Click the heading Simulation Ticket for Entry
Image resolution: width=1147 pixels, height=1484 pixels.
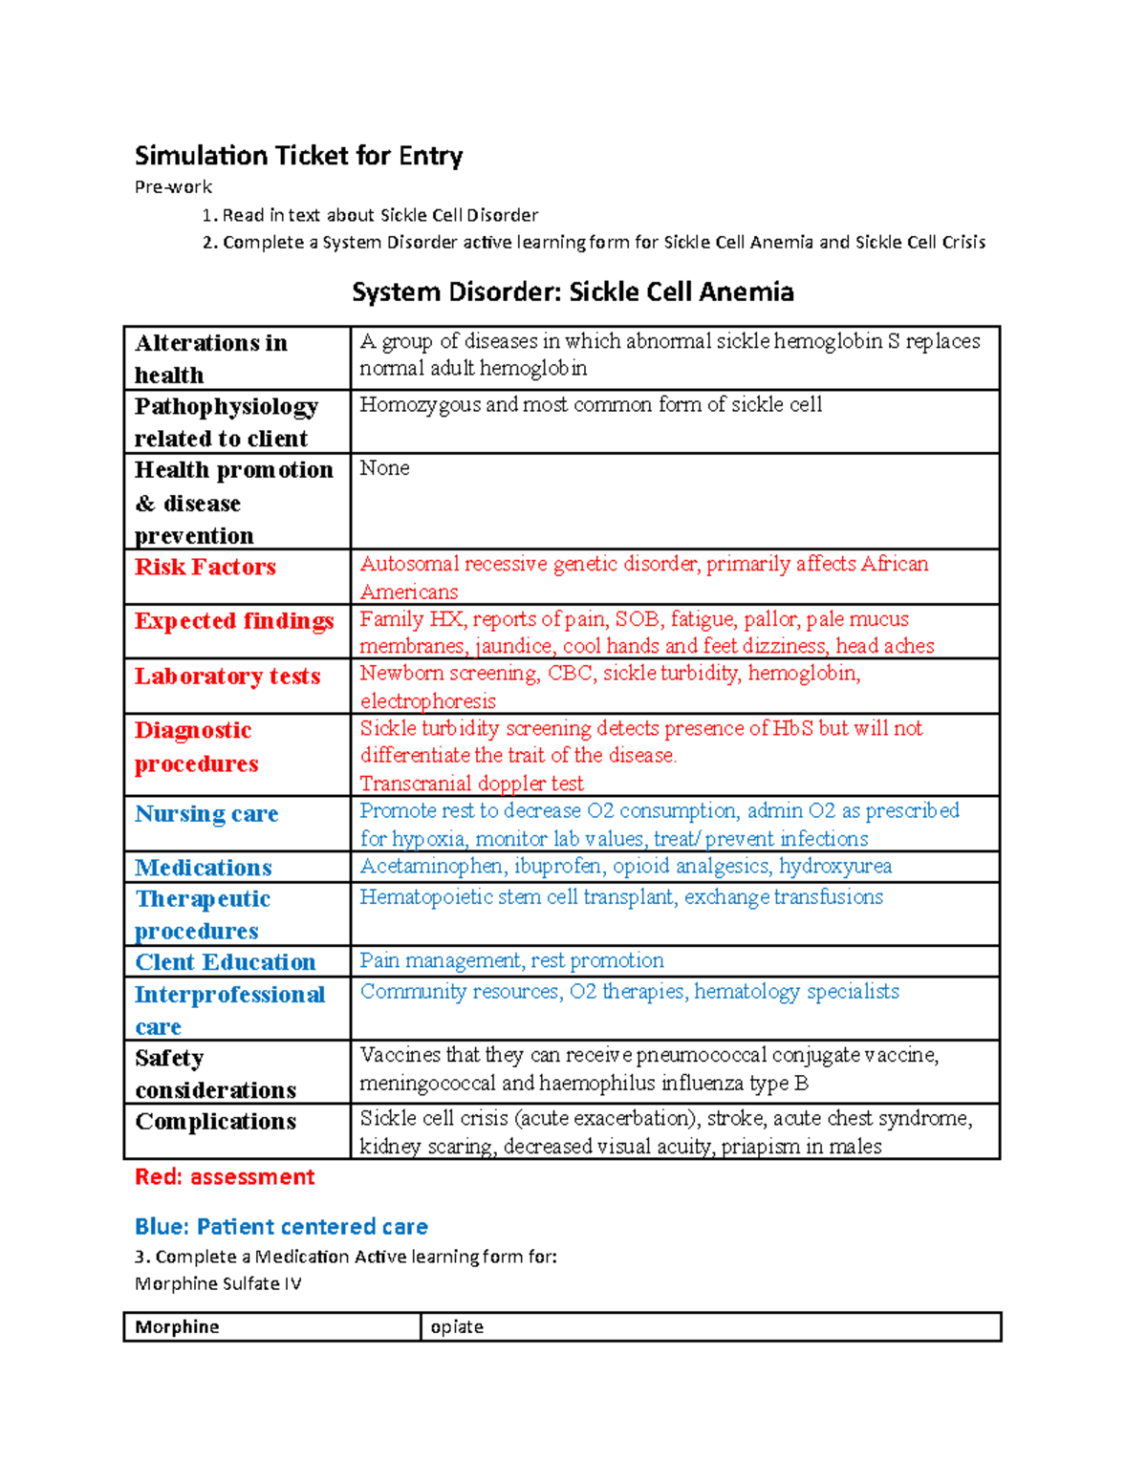coord(298,156)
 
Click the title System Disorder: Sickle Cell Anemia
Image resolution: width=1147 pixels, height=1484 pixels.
coord(573,291)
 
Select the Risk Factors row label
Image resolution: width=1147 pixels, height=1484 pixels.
coord(206,567)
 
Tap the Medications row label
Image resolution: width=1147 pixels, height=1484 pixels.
coord(204,868)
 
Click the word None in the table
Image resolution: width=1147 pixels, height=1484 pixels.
coord(384,468)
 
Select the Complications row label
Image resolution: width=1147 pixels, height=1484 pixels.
coord(216,1121)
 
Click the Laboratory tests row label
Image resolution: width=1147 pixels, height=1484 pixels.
coord(227,677)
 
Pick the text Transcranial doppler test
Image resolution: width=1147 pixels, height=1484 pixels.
coord(471,784)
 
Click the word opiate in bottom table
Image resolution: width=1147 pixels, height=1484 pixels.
coord(457,1326)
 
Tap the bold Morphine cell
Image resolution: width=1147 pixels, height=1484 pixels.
coord(177,1326)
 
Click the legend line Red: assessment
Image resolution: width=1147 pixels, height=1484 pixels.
coord(225,1177)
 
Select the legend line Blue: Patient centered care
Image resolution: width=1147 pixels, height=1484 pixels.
coord(281,1226)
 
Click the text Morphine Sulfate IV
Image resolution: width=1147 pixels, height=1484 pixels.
coord(218,1283)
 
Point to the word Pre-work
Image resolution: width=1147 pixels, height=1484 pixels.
coord(173,187)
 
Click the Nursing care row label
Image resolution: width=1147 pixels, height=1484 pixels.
coord(206,814)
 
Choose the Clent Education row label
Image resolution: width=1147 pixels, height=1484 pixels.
coord(226,962)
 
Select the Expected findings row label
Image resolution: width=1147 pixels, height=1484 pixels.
coord(234,621)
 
